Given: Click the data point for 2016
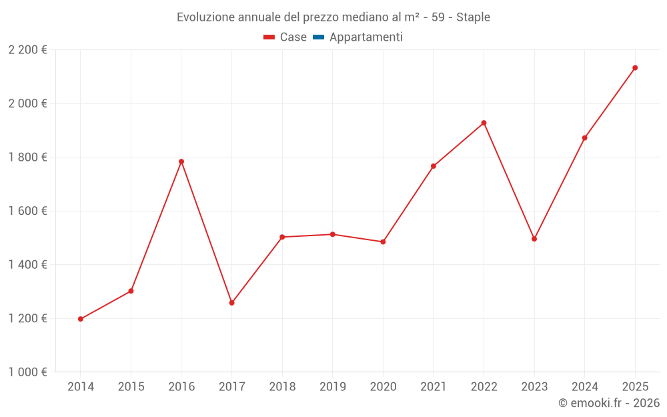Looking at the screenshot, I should tap(181, 161).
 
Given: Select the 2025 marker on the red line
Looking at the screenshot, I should tap(635, 67).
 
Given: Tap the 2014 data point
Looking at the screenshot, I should tap(81, 319).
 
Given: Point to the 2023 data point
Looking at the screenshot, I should tap(534, 239).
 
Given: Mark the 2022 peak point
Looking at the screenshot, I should tap(484, 123).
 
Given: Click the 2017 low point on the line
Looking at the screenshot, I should tap(231, 303).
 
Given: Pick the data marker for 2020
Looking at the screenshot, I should tap(383, 242).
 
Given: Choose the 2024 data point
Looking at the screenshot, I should tap(584, 138).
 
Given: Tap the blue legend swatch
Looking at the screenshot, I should tap(318, 37).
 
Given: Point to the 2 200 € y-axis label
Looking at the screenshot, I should tap(27, 50).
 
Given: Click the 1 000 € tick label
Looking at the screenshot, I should tap(27, 372).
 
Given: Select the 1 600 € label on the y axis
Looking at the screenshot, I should tap(27, 211).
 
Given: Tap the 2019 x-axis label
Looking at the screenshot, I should tap(332, 387).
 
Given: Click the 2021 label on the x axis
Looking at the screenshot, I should tap(433, 387).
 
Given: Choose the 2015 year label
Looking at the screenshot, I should tap(131, 387).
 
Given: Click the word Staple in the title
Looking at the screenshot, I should tap(473, 17).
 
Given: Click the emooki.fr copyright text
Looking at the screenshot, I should tap(608, 403).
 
